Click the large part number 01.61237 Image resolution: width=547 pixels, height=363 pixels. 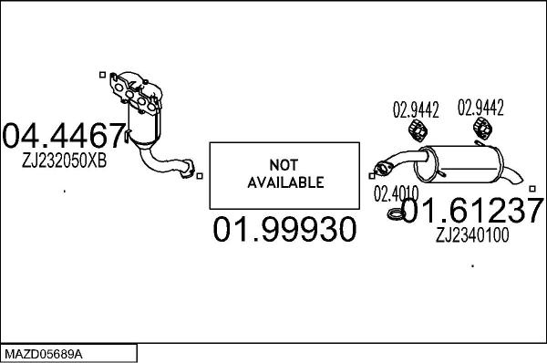[x=472, y=212]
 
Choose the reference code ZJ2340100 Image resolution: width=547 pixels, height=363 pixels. [x=472, y=235]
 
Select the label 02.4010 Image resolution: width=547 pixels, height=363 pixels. [x=395, y=193]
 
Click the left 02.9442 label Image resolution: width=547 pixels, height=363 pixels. [x=416, y=110]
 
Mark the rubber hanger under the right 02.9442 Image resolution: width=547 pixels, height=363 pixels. [x=484, y=132]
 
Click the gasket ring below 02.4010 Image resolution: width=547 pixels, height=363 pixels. [x=394, y=215]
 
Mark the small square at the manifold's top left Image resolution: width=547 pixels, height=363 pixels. [x=101, y=71]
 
